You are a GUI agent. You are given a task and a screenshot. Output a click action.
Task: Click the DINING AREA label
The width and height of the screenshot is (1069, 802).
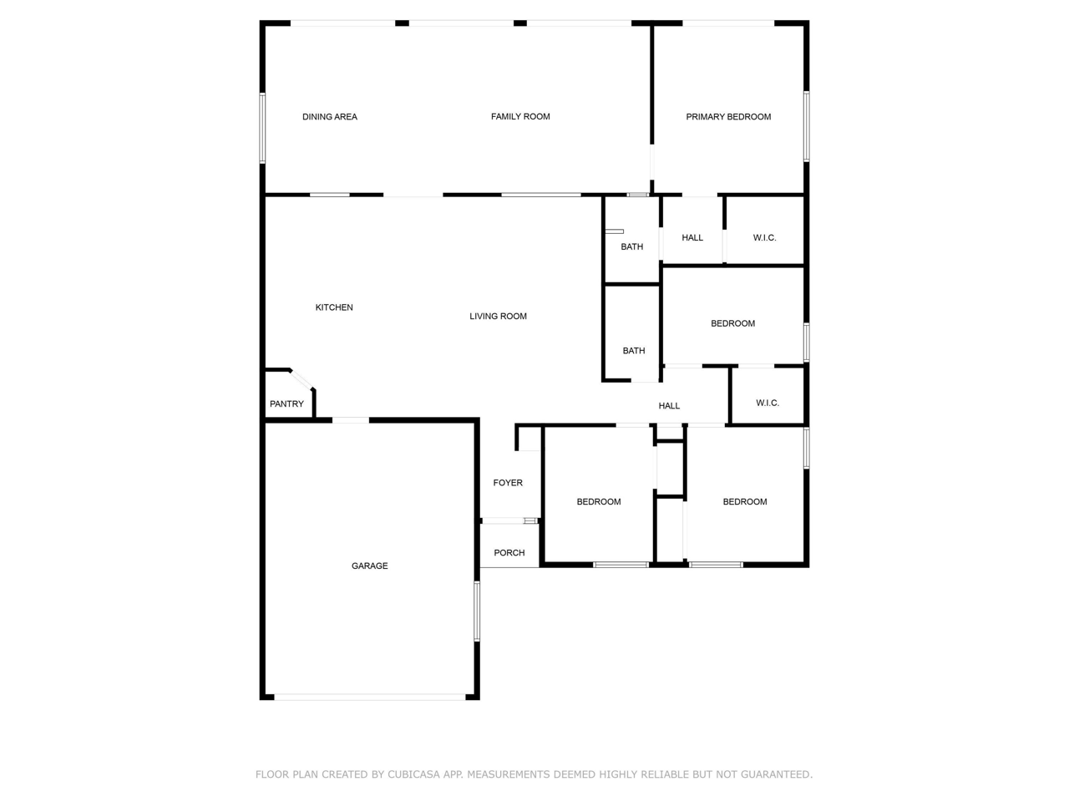tap(330, 117)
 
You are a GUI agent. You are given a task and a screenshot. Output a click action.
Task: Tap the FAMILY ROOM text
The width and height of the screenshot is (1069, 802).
tap(520, 117)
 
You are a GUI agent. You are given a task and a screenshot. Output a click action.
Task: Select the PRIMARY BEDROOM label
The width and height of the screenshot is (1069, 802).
tap(728, 117)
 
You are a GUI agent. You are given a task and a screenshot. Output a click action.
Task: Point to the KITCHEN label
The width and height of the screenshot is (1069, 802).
tap(334, 307)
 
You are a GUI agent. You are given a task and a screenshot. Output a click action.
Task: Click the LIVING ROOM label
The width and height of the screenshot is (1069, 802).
tap(498, 316)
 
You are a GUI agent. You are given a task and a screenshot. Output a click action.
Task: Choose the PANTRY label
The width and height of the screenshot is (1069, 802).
tap(286, 404)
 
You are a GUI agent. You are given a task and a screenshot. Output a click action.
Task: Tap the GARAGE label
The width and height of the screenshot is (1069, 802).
tap(370, 566)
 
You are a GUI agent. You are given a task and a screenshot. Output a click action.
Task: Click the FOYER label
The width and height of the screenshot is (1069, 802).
tap(508, 483)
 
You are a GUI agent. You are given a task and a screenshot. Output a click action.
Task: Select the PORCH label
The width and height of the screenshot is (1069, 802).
tap(509, 553)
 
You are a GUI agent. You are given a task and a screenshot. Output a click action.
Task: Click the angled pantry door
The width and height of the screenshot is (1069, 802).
tap(301, 380)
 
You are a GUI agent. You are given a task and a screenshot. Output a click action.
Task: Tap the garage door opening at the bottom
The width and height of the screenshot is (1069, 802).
tap(370, 697)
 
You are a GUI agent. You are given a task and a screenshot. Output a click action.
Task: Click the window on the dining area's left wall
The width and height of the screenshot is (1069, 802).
tap(262, 128)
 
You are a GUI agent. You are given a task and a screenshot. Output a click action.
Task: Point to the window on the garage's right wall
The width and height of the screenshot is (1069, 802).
tap(477, 612)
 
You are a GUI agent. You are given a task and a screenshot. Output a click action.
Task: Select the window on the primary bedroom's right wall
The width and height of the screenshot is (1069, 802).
tap(806, 126)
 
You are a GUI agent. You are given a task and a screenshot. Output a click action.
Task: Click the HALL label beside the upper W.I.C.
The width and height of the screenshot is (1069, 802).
tap(692, 237)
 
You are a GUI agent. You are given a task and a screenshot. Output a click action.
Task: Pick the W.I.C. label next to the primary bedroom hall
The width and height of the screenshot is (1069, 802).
tap(764, 237)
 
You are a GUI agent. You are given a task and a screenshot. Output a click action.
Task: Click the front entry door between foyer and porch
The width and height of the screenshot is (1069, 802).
tap(509, 520)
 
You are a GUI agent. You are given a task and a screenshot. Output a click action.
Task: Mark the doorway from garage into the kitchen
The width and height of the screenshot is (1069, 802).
tap(351, 419)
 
